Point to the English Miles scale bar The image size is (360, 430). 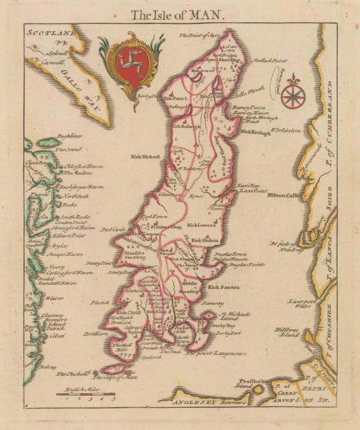pos(88,394)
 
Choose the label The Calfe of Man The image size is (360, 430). pos(115,377)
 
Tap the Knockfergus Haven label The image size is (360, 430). pos(83,187)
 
